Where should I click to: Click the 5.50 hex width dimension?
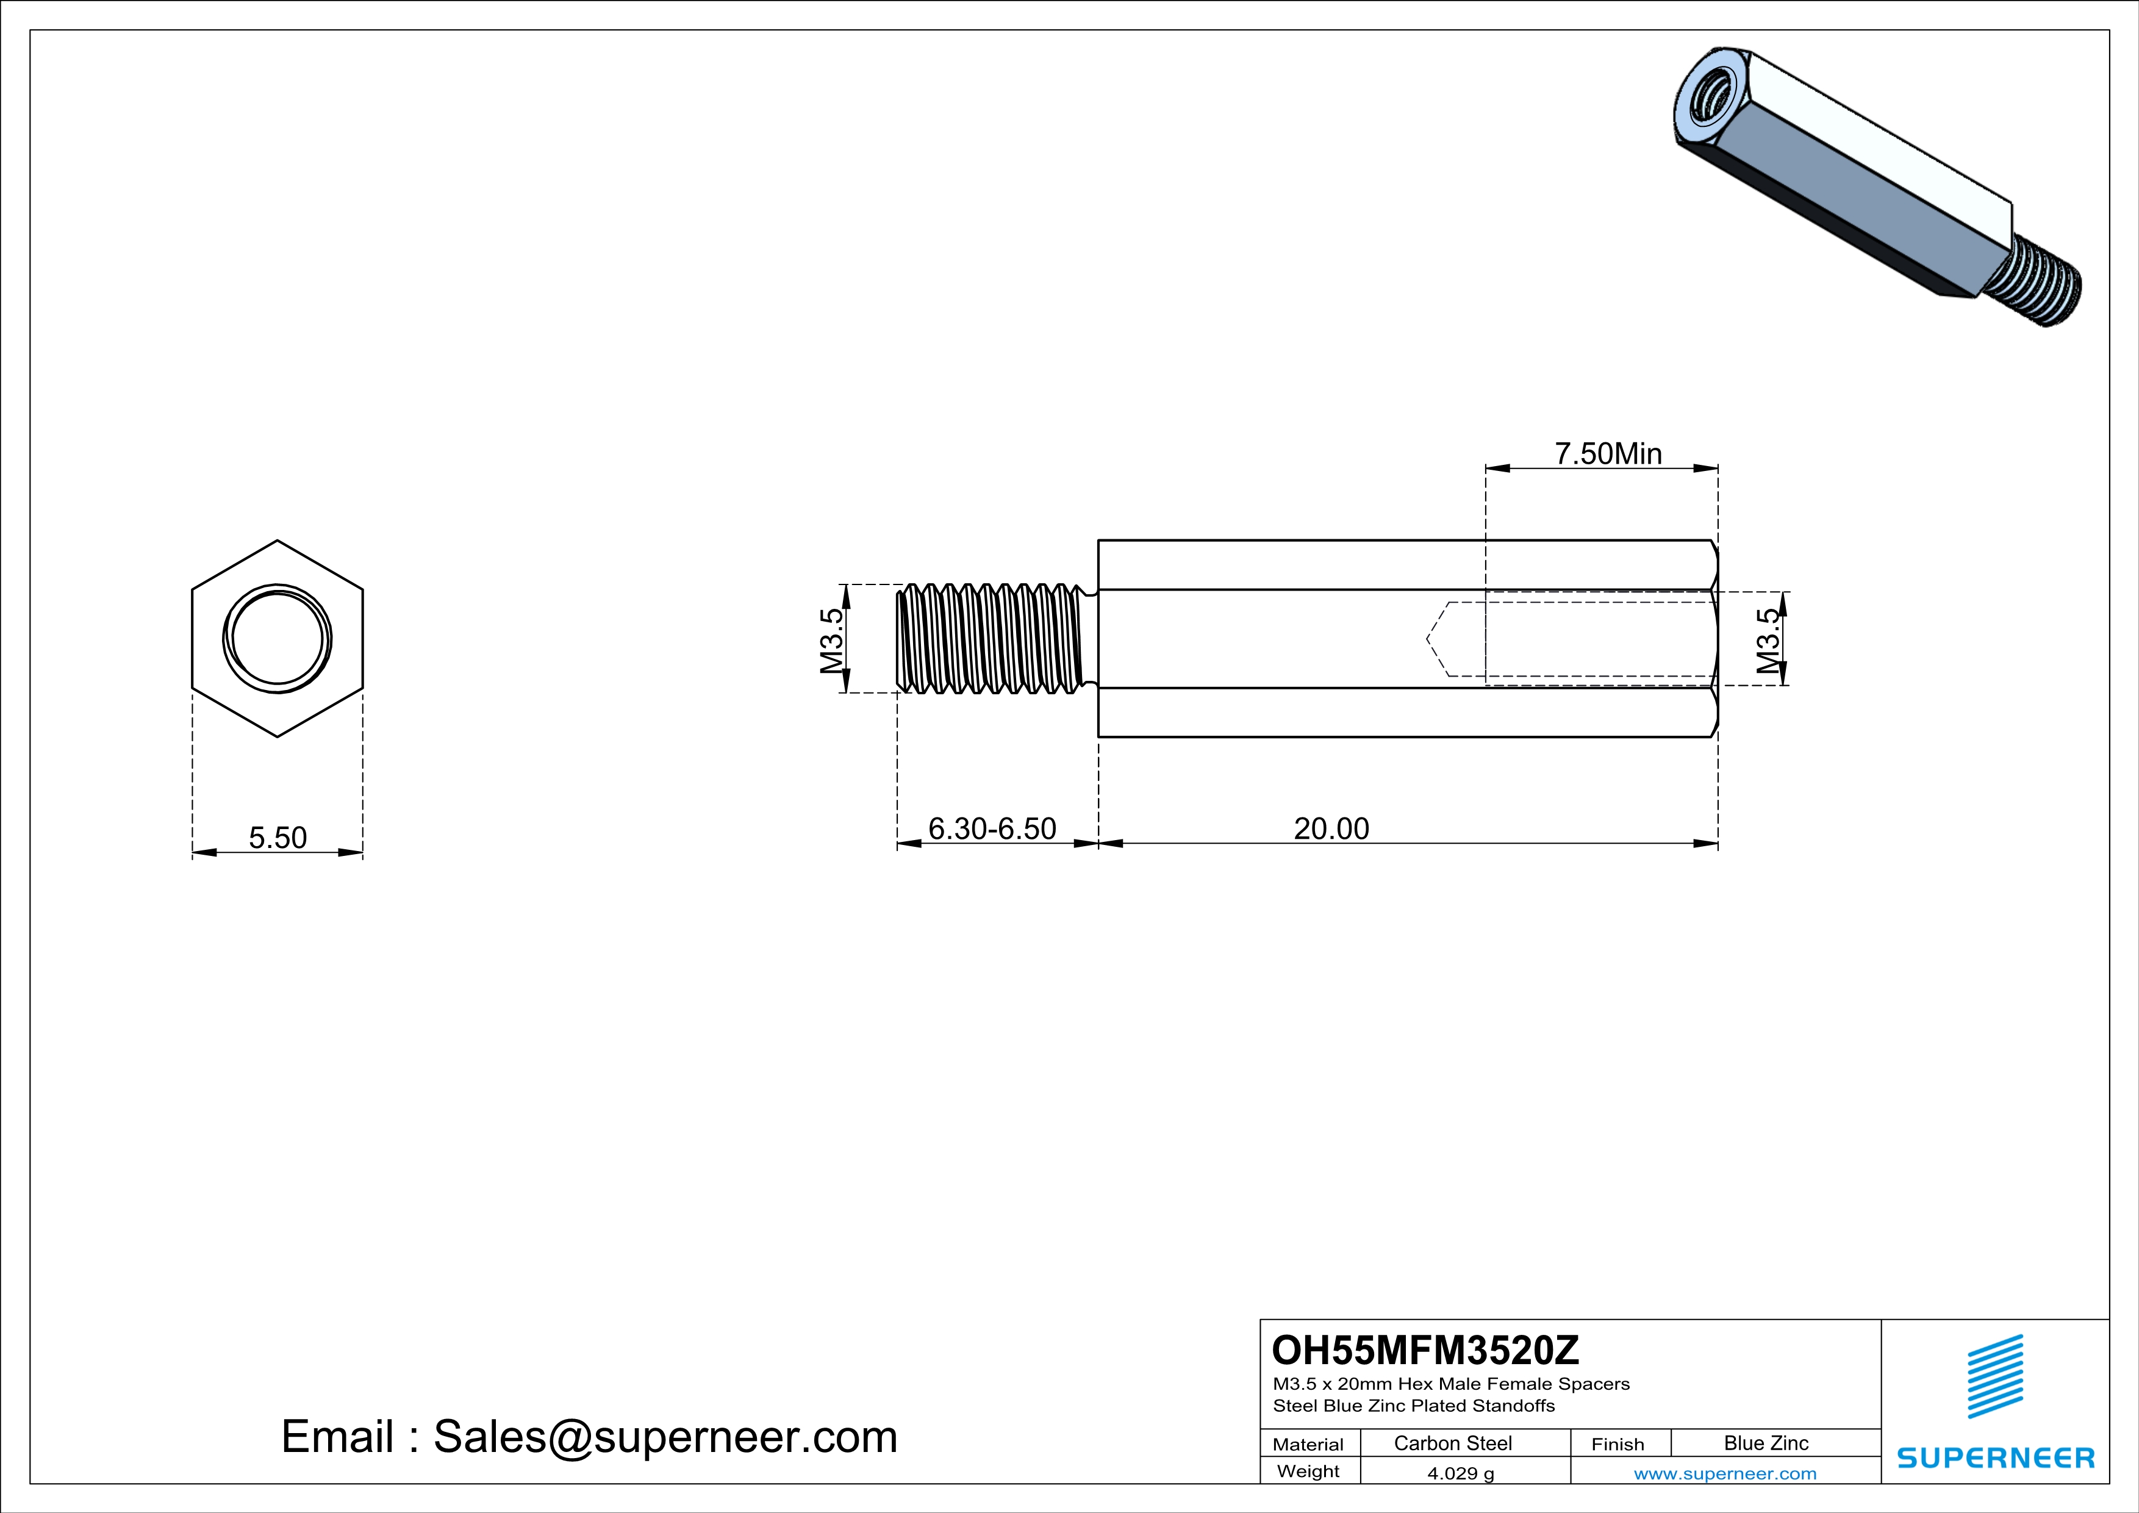(x=278, y=838)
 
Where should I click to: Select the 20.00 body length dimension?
(x=1331, y=828)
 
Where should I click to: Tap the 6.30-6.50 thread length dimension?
(x=992, y=828)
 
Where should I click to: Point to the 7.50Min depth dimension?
(x=1608, y=454)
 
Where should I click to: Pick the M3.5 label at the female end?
(x=1768, y=640)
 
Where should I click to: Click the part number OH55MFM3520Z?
(x=1425, y=1350)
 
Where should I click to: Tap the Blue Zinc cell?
(x=1766, y=1443)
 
